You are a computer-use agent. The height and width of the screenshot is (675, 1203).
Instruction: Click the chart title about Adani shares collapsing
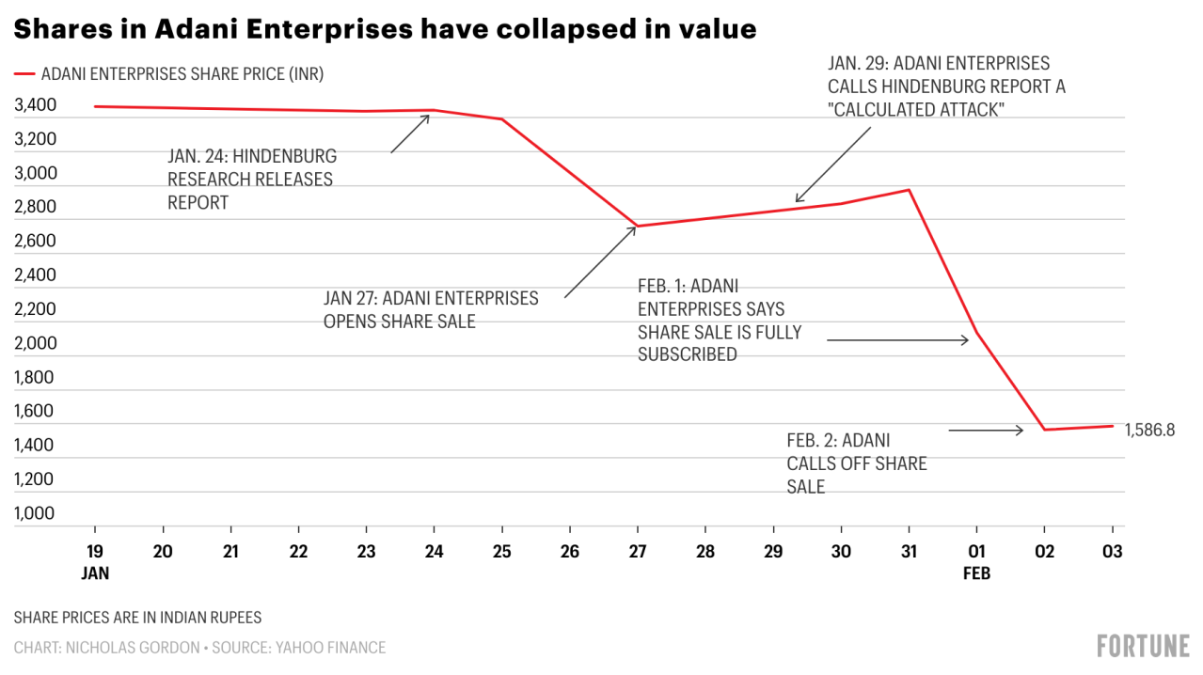pos(386,29)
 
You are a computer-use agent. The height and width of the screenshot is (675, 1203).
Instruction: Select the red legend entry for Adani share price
pos(175,74)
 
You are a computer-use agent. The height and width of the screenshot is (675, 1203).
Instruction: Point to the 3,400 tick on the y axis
pos(36,105)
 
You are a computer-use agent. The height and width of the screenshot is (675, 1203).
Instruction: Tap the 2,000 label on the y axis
pos(36,343)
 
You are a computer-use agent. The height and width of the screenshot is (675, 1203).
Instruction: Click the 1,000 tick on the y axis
pos(36,513)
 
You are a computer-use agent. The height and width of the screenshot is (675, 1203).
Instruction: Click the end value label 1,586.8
pos(1150,430)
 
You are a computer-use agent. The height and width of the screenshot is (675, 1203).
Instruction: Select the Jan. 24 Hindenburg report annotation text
pos(251,179)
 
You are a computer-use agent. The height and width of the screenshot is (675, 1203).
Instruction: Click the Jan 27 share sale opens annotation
pos(431,309)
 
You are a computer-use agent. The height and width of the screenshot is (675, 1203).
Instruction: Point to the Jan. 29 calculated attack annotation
pos(946,86)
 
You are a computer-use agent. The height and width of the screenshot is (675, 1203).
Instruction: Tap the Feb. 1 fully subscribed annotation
pos(720,320)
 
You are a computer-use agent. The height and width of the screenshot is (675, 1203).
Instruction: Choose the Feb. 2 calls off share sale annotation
pos(856,463)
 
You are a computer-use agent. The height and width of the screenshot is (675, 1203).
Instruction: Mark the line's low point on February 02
pos(1045,430)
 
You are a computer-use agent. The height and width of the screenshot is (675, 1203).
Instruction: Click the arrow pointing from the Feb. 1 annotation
pos(897,340)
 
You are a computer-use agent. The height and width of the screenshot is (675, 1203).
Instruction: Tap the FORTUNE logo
pos(1143,646)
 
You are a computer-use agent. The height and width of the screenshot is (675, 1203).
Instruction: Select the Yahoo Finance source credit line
pos(199,647)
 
